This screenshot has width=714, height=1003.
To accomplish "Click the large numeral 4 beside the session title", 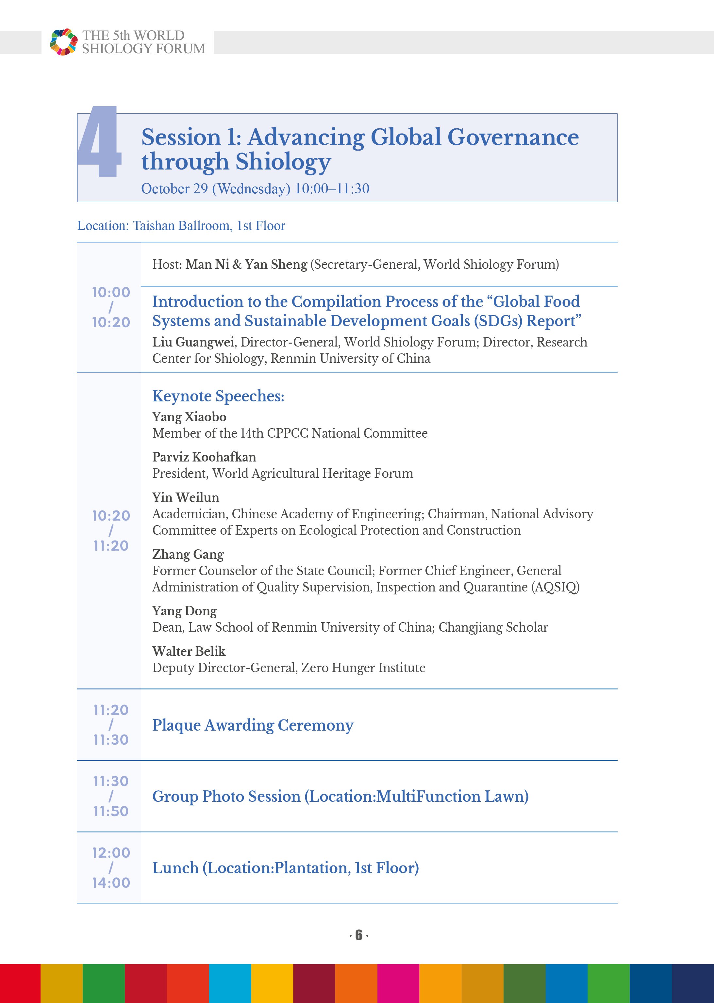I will (x=100, y=141).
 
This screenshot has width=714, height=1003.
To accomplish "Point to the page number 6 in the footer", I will (x=359, y=935).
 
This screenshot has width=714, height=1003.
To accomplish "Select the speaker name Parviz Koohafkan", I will (x=204, y=457).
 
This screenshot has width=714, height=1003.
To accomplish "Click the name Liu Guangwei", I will (x=193, y=342).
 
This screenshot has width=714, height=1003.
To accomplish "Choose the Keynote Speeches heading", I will (x=218, y=396).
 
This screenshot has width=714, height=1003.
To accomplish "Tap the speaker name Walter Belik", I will (x=189, y=651).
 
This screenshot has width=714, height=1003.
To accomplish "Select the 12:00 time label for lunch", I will (x=111, y=853).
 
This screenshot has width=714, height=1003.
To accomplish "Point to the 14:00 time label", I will (x=111, y=882).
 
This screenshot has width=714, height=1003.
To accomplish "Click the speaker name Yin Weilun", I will (x=186, y=497).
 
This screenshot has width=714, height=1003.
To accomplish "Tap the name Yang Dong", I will (x=185, y=611).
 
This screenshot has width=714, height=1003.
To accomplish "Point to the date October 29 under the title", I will (x=174, y=188).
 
